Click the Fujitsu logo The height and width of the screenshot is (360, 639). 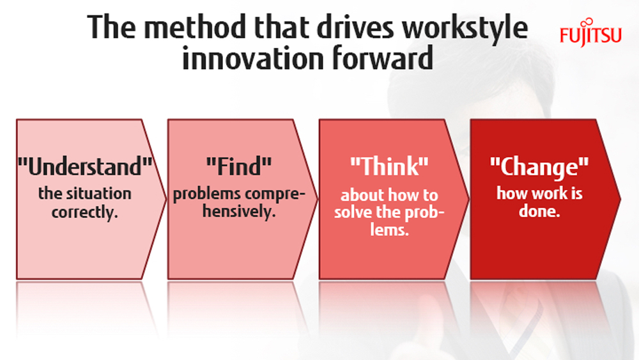[590, 33]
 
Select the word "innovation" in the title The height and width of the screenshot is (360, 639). [253, 58]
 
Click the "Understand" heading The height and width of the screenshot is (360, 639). [85, 166]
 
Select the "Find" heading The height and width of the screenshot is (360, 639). [239, 166]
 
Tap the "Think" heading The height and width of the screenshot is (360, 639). [390, 166]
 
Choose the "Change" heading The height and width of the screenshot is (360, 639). [539, 167]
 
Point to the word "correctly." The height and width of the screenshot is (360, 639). [85, 212]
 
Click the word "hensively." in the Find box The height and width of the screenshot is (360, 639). [239, 211]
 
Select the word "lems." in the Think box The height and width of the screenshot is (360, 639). [390, 230]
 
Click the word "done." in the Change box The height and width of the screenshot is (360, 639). [539, 211]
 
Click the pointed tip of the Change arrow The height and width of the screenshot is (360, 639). [620, 200]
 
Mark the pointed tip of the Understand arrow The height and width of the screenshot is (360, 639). [166, 200]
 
